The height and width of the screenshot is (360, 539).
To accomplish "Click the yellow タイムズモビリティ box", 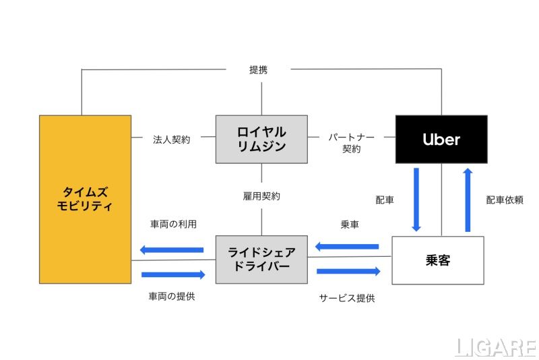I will [x=85, y=199].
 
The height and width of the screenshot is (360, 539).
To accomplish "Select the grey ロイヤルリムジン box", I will [x=261, y=139].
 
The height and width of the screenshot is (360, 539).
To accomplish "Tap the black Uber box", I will [x=441, y=140].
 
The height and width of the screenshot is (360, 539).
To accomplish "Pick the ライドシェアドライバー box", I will [x=261, y=260].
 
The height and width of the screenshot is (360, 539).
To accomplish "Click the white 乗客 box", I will [x=438, y=260].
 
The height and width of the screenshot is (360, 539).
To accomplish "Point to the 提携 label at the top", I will [x=259, y=69].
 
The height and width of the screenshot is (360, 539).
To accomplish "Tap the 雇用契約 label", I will [x=261, y=196].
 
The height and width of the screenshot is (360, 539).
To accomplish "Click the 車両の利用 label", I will [x=173, y=224].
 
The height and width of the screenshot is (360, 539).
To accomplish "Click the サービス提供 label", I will [x=347, y=297].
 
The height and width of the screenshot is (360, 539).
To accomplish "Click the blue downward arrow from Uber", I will [x=416, y=199].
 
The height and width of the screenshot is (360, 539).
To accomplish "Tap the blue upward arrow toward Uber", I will [x=468, y=199].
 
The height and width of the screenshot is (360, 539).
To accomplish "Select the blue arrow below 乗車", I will [x=347, y=246].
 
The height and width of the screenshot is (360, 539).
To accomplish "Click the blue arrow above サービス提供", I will [x=348, y=271].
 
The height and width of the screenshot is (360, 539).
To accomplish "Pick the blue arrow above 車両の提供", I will [x=173, y=274].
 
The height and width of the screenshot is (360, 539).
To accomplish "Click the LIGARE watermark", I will [x=495, y=347].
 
